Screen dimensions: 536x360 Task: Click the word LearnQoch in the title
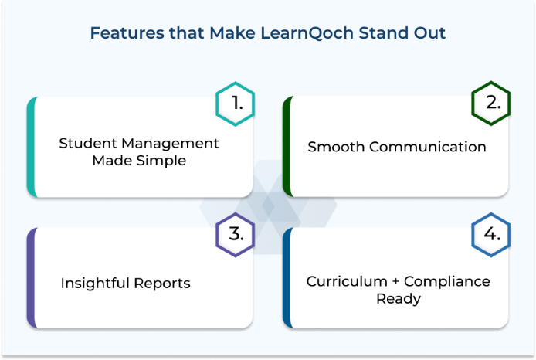point(307,33)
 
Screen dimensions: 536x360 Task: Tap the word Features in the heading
point(127,33)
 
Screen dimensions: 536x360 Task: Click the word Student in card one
point(88,143)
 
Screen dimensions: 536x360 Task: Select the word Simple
point(161,161)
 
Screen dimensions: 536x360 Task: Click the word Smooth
point(336,147)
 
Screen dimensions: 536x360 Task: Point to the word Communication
point(428,147)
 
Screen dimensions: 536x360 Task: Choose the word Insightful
point(95,283)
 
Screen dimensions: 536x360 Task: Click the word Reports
point(162,284)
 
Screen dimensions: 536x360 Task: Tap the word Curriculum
point(347,281)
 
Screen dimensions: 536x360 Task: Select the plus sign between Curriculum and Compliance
point(396,281)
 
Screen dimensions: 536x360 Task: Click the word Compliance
point(447,282)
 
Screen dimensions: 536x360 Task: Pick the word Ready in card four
point(399,299)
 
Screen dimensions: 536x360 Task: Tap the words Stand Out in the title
point(402,33)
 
